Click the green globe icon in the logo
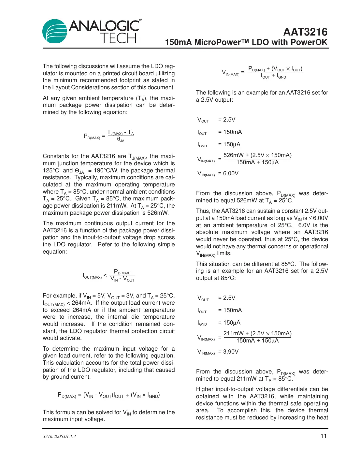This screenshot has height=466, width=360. click(x=55, y=31)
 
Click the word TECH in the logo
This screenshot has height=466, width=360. click(x=118, y=38)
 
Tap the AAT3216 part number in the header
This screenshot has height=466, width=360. click(x=305, y=32)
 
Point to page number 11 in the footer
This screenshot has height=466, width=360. click(x=324, y=436)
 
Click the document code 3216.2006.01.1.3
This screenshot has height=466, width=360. click(x=59, y=436)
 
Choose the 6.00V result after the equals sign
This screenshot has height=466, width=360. click(x=231, y=173)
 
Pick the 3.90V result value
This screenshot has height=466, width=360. click(x=231, y=352)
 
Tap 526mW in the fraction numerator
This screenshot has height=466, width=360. click(x=233, y=155)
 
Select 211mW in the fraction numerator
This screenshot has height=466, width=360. click(x=233, y=333)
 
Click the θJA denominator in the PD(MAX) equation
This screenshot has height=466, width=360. click(x=121, y=140)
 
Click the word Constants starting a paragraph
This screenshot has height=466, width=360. click(x=56, y=156)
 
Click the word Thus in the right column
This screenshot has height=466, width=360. click(x=203, y=211)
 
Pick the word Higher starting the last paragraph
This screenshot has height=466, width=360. click(x=205, y=389)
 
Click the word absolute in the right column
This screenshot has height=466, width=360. click(x=207, y=232)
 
